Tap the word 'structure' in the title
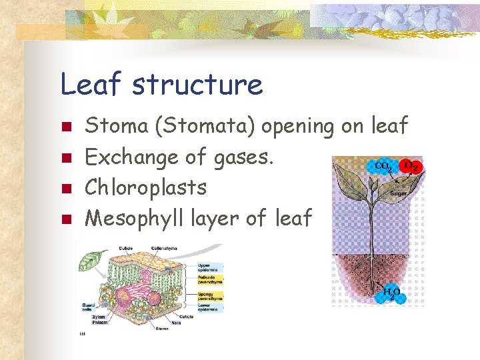click(x=197, y=85)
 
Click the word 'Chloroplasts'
click(x=147, y=187)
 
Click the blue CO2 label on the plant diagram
click(x=383, y=166)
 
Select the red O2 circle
click(x=410, y=166)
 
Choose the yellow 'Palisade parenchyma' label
click(x=210, y=280)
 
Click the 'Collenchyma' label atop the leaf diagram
click(x=163, y=248)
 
